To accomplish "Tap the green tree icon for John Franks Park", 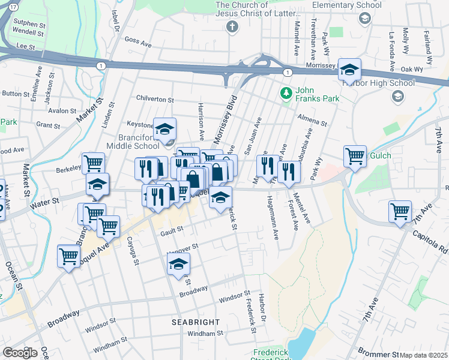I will click(x=286, y=93).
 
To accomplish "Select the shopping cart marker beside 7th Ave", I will click(x=400, y=212).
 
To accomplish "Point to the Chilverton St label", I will click(x=154, y=100).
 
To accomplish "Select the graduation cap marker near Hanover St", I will click(x=178, y=264).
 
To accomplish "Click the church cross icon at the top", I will click(x=232, y=26).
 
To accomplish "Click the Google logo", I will click(x=20, y=353).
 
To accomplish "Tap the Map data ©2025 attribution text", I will click(x=423, y=355).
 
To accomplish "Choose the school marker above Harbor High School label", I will click(x=349, y=70).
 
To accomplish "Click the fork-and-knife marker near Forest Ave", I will click(x=289, y=172).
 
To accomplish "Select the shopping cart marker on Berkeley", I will click(x=93, y=163).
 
